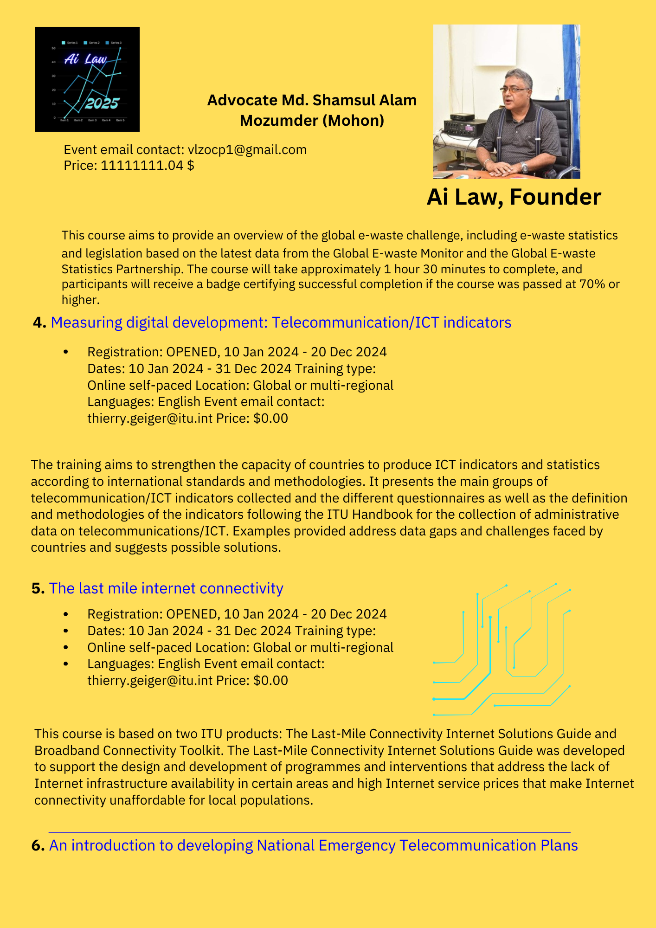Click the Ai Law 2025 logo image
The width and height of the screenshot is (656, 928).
pyautogui.click(x=87, y=79)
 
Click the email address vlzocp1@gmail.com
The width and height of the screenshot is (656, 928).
pyautogui.click(x=247, y=149)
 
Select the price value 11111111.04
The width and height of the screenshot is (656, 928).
pyautogui.click(x=141, y=165)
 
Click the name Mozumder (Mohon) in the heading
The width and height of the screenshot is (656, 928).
pyautogui.click(x=312, y=121)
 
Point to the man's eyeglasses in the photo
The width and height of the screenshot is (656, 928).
pyautogui.click(x=515, y=89)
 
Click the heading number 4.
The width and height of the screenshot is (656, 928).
pyautogui.click(x=39, y=322)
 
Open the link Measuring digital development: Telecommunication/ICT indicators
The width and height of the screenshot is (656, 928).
pyautogui.click(x=281, y=322)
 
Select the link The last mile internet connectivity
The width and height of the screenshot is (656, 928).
pyautogui.click(x=166, y=588)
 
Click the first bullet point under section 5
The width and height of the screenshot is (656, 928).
pyautogui.click(x=66, y=614)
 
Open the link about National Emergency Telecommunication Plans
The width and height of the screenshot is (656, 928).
pyautogui.click(x=313, y=845)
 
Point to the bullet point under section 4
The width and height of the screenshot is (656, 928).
pyautogui.click(x=66, y=352)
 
